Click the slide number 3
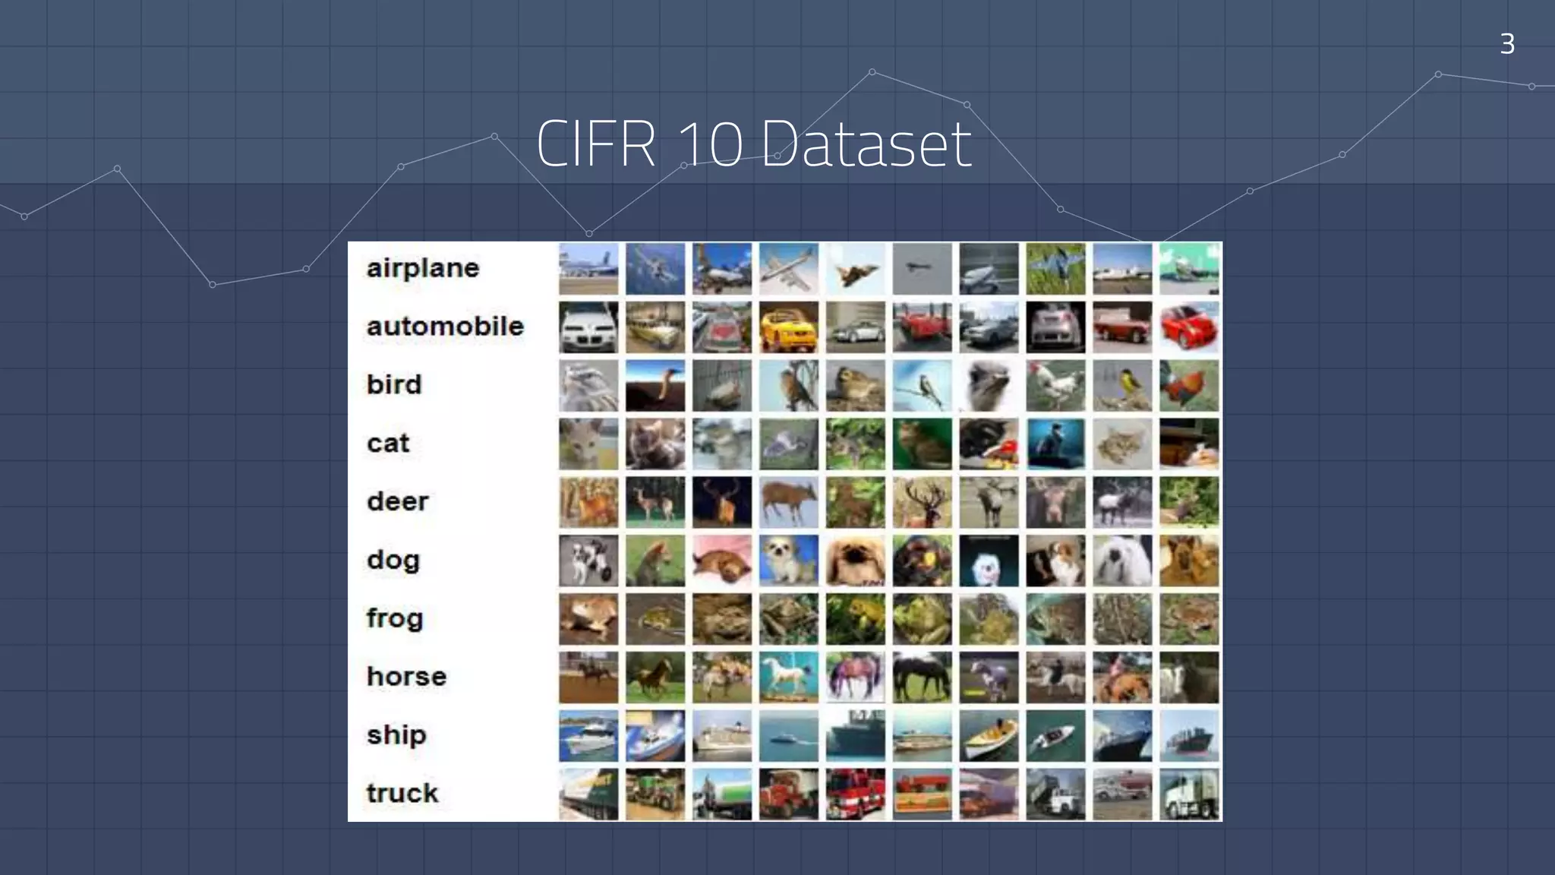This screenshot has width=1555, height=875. [x=1507, y=44]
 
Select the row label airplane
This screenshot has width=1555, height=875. [x=423, y=268]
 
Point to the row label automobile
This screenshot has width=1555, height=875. [x=445, y=327]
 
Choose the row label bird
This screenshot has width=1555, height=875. [x=394, y=384]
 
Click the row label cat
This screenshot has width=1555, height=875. [x=388, y=443]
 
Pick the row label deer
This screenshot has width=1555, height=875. [x=398, y=501]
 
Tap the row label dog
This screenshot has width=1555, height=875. [x=393, y=561]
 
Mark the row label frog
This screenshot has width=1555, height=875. [x=395, y=618]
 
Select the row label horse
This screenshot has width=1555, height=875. [x=406, y=676]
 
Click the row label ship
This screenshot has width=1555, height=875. [x=396, y=735]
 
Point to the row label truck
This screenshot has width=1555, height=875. [x=402, y=793]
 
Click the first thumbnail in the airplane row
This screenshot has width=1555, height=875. [x=588, y=269]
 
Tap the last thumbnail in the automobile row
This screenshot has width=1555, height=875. [x=1189, y=327]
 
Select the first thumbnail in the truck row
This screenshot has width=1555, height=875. [x=588, y=794]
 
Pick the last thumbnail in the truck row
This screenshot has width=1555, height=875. [x=1189, y=794]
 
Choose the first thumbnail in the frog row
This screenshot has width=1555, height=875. [x=588, y=619]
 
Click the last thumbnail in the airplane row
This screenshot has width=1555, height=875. [x=1189, y=269]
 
